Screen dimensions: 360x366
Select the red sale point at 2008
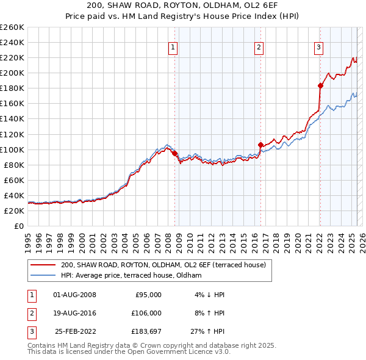(174, 153)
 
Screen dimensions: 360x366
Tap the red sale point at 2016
(260, 145)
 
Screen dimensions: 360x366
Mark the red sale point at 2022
(320, 85)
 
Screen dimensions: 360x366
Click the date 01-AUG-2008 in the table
(75, 295)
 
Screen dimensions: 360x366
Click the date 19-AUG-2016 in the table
(75, 313)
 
